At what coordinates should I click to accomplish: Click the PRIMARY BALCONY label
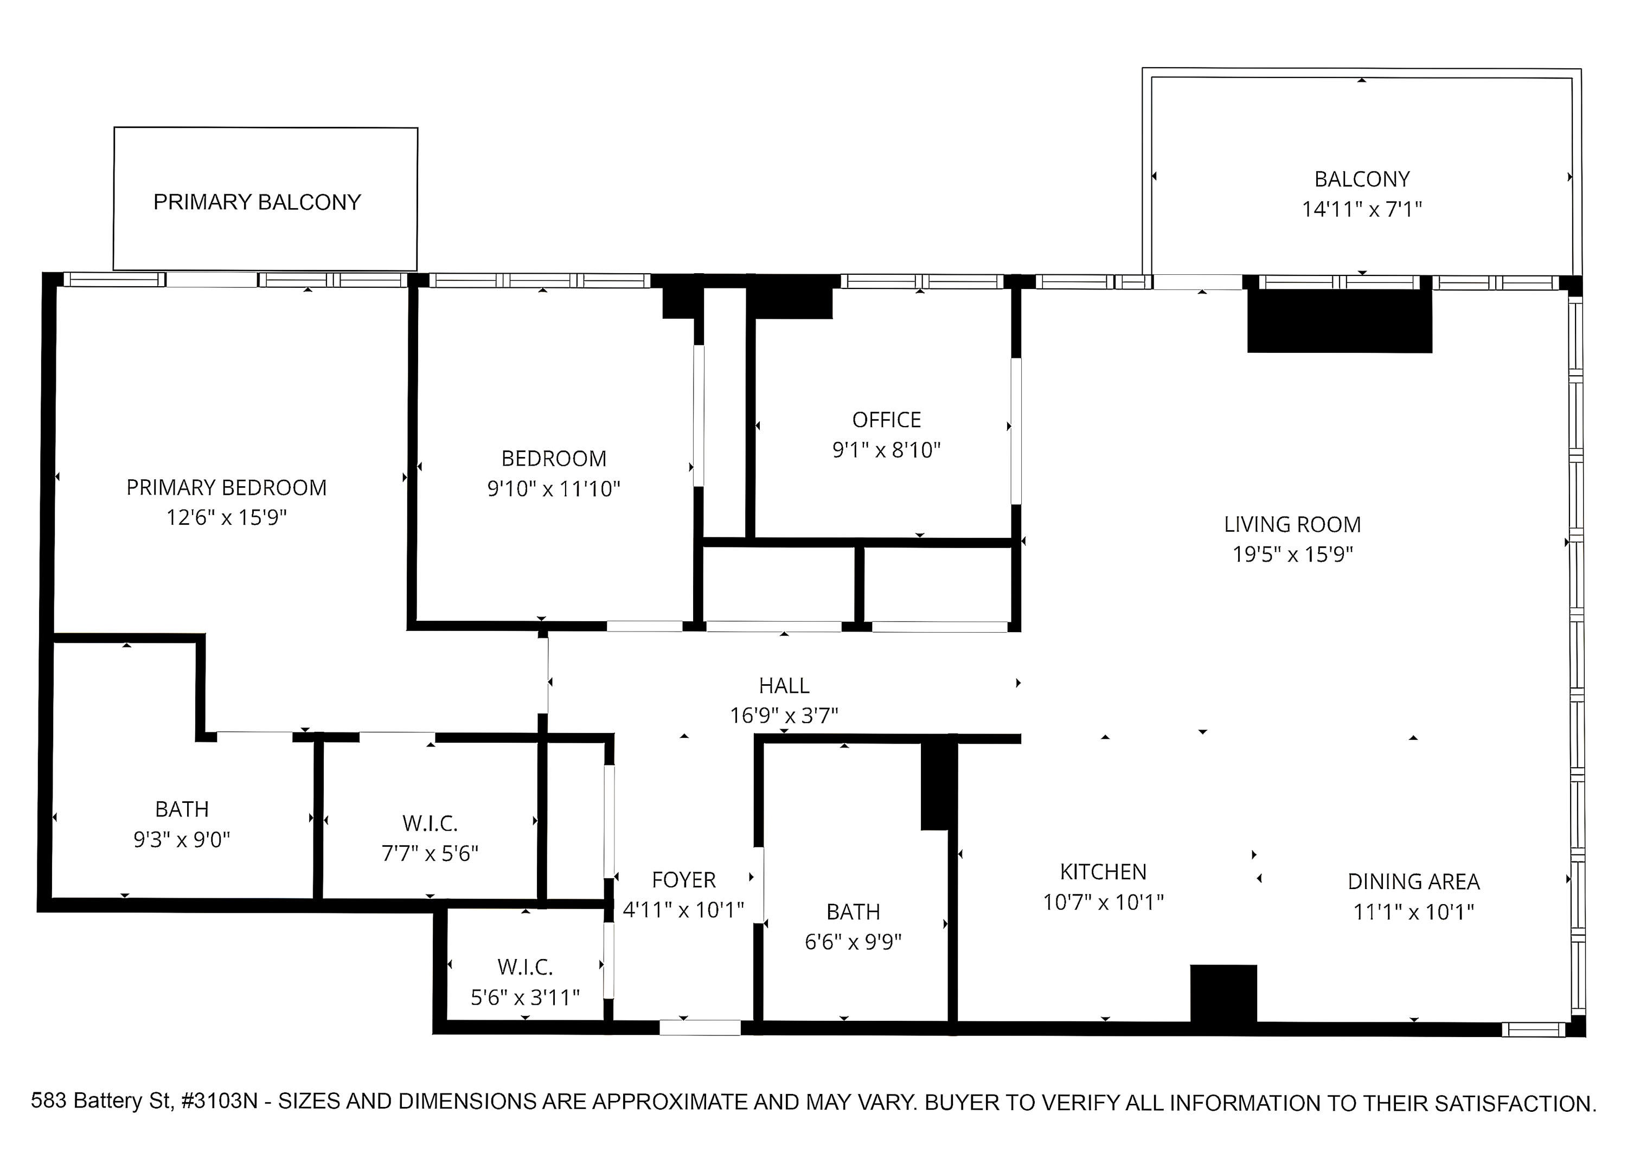tap(257, 202)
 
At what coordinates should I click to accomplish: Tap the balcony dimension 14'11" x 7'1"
tap(1361, 209)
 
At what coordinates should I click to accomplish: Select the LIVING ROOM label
tap(1292, 525)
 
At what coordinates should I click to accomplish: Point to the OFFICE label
tap(887, 420)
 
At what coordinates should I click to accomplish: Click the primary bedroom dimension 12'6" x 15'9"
tap(226, 517)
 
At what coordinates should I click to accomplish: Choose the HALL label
tap(784, 686)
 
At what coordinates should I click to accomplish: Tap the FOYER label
tap(683, 880)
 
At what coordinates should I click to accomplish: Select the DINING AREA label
tap(1413, 881)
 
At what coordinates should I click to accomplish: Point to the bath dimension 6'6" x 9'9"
tap(853, 942)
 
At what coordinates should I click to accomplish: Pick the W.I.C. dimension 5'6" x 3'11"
tap(525, 997)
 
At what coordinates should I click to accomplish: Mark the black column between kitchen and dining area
tap(1223, 996)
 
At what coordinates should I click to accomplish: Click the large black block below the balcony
tap(1340, 320)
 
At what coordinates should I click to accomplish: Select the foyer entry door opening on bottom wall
tap(700, 1028)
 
